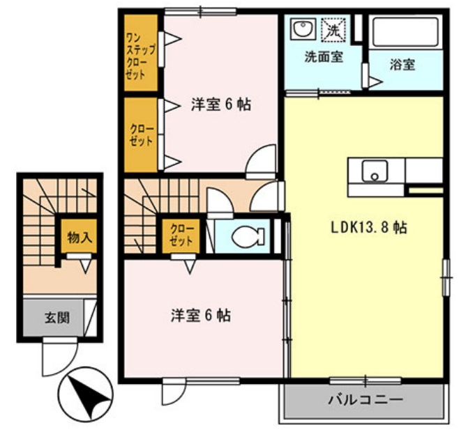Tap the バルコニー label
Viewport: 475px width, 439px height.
363,401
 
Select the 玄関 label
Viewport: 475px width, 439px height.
56,318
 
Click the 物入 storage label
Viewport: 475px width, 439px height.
78,237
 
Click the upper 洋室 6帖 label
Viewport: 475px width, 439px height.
221,105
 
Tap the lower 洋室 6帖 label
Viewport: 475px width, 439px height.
201,315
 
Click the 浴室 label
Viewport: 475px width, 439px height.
402,65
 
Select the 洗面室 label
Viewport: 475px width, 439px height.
323,57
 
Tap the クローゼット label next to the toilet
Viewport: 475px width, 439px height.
182,236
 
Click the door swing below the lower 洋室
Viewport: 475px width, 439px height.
172,393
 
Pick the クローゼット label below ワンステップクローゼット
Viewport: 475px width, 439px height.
140,134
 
